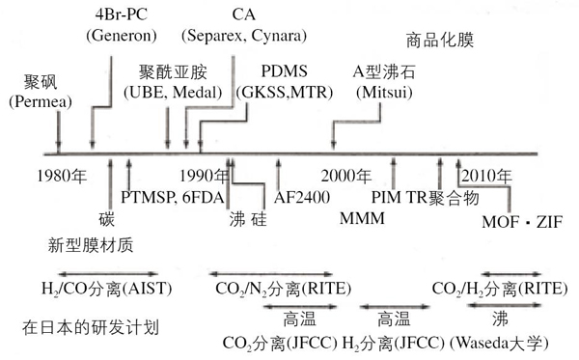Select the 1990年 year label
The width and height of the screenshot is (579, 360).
207,176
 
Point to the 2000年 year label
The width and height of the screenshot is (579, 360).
346,176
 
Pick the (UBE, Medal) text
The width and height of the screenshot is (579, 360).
180,93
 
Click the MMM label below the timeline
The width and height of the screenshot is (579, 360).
362,219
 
